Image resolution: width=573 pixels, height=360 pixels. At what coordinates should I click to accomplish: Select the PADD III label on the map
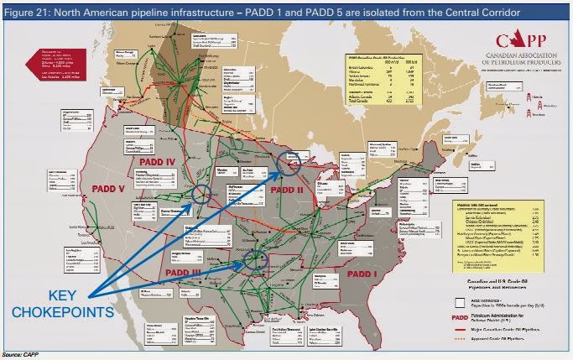click(x=191, y=272)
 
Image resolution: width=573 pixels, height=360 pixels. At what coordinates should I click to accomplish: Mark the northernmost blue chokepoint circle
click(x=290, y=164)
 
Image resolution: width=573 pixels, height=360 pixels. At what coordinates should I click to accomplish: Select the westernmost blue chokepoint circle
click(x=203, y=195)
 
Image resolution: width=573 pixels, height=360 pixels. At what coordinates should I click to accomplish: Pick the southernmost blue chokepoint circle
click(x=255, y=261)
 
